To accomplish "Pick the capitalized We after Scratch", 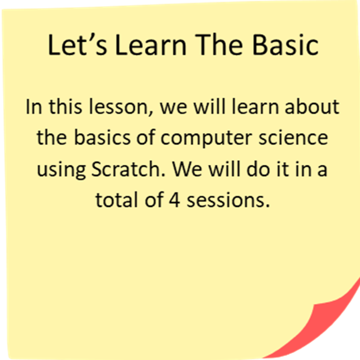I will coord(188,169).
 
